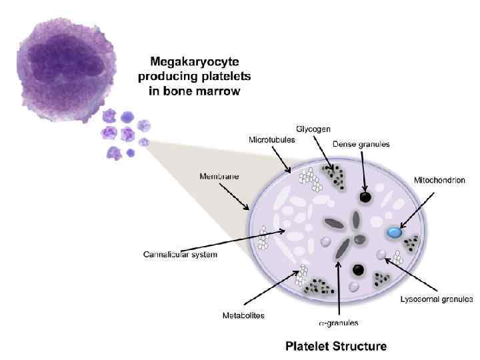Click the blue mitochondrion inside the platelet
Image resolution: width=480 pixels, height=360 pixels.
[x=395, y=233]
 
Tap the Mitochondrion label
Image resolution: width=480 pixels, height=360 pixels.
[x=439, y=180]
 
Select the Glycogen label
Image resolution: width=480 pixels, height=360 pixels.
[x=313, y=129]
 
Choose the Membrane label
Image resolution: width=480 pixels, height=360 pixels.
[x=219, y=177]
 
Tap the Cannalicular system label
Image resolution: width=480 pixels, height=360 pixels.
[x=180, y=254]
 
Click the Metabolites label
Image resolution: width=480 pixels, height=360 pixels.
[x=243, y=315]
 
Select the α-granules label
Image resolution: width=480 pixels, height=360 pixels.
[x=338, y=323]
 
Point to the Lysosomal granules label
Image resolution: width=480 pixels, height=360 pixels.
[x=437, y=299]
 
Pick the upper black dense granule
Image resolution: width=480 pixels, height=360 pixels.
[x=365, y=197]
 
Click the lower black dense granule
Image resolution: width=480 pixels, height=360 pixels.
[x=359, y=269]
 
